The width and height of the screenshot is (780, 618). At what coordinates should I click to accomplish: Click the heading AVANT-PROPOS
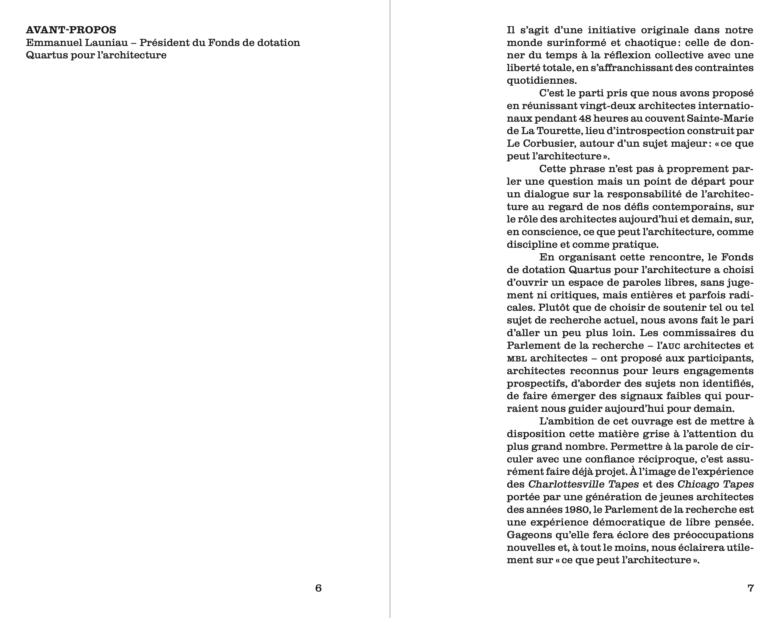click(x=71, y=30)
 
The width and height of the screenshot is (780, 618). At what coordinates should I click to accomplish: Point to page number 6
click(x=318, y=588)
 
